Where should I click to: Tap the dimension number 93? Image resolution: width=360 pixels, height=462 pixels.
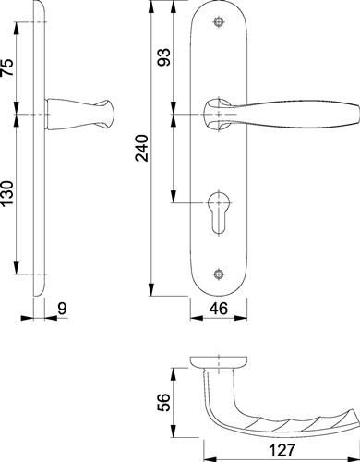pos(163,56)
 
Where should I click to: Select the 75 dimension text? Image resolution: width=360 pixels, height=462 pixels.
pos(8,67)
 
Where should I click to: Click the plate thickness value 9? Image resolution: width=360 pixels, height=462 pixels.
pos(63,309)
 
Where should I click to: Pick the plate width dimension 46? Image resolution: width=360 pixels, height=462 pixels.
pos(219,309)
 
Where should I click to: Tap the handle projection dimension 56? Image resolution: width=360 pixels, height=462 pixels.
pos(163,403)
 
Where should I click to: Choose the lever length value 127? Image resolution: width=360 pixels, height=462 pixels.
pos(282,450)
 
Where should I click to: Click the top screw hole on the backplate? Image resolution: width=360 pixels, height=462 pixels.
pos(219,22)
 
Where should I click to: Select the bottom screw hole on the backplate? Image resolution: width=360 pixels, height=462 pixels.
pos(219,274)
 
